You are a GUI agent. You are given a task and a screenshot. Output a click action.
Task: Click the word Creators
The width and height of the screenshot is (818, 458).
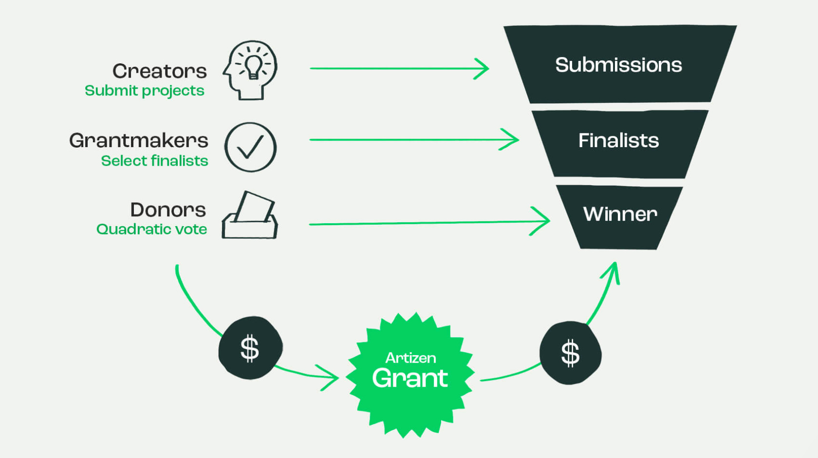[160, 71]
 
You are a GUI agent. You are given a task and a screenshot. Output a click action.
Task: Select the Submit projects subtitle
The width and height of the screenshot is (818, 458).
[145, 91]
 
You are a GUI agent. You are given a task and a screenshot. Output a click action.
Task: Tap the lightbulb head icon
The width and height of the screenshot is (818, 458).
[251, 70]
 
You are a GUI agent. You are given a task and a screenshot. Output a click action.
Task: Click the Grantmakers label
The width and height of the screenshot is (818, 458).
[139, 140]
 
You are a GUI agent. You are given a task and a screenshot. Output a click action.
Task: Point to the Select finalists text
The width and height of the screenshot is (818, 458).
[154, 161]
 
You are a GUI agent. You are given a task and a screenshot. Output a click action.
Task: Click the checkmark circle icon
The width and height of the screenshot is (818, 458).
[250, 147]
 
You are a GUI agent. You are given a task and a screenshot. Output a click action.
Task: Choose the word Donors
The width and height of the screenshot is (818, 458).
[168, 210]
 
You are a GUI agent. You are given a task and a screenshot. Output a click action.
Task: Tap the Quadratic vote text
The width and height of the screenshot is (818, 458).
[151, 229]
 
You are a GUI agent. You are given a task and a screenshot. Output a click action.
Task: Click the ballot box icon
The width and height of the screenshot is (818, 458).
[250, 215]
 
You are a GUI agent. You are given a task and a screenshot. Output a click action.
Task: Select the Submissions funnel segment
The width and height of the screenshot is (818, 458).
[619, 65]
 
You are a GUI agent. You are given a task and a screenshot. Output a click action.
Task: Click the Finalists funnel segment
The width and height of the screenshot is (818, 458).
[619, 141]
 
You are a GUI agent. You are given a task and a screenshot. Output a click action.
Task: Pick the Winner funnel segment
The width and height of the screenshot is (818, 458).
[620, 214]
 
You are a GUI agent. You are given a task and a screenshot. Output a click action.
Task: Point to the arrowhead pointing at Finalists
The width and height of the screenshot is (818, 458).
[512, 140]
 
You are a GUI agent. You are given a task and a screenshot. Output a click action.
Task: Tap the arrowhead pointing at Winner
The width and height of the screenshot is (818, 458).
[543, 221]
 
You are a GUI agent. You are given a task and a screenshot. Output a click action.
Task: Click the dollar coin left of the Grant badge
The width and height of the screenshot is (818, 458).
[250, 348]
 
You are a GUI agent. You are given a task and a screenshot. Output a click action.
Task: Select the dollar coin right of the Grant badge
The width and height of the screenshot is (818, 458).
[570, 353]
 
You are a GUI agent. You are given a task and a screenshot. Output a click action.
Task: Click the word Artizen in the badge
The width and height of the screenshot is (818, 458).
[410, 358]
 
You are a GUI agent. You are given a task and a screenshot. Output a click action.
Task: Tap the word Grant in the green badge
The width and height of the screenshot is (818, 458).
[410, 378]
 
